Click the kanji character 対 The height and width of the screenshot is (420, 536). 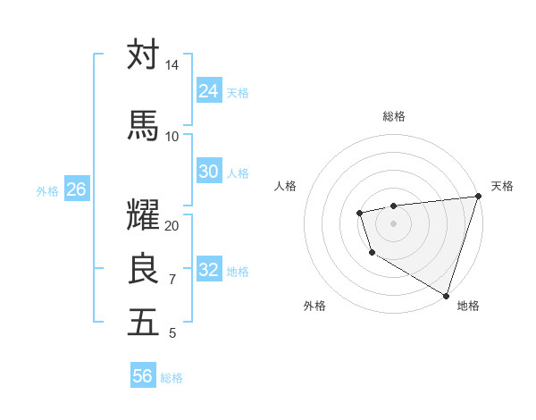(x=144, y=55)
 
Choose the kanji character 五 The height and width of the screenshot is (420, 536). (x=144, y=322)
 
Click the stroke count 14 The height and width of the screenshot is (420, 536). (x=172, y=65)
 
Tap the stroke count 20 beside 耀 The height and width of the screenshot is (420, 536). (x=172, y=225)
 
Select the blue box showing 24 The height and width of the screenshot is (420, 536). (x=208, y=91)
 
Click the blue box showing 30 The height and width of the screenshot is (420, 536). (x=208, y=172)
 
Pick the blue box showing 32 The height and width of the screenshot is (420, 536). (x=208, y=270)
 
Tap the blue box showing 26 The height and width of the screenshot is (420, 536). (x=76, y=189)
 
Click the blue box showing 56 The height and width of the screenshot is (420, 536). (x=142, y=376)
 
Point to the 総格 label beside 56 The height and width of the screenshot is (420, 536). (x=172, y=378)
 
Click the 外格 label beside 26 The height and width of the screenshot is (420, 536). (x=47, y=190)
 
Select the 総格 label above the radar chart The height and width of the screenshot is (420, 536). (x=394, y=116)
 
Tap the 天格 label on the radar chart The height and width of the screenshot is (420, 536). (x=502, y=186)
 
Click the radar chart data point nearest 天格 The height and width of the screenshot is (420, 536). (x=478, y=196)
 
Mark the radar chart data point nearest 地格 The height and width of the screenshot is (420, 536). (x=446, y=294)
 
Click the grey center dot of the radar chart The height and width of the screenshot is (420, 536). (x=393, y=223)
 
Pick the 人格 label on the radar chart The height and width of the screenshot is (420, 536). (x=286, y=186)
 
